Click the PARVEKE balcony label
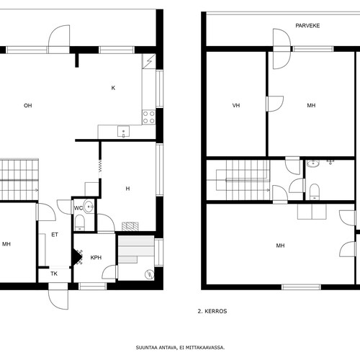click(x=307, y=26)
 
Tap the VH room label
click(x=236, y=105)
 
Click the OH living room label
click(x=28, y=106)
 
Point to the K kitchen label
click(x=113, y=88)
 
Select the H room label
click(x=127, y=189)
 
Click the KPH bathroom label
click(x=96, y=258)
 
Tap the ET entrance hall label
click(x=55, y=235)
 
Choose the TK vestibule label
click(x=54, y=274)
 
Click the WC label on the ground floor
click(x=78, y=208)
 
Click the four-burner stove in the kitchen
click(x=149, y=117)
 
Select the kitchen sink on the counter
click(x=123, y=132)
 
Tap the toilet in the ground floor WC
click(x=80, y=222)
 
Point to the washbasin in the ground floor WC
click(x=89, y=207)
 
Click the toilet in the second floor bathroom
click(x=315, y=192)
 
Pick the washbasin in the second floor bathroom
click(x=313, y=163)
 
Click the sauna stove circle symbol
click(x=150, y=274)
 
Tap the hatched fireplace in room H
click(x=130, y=227)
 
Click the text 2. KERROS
click(x=212, y=311)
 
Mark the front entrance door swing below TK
click(x=58, y=300)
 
